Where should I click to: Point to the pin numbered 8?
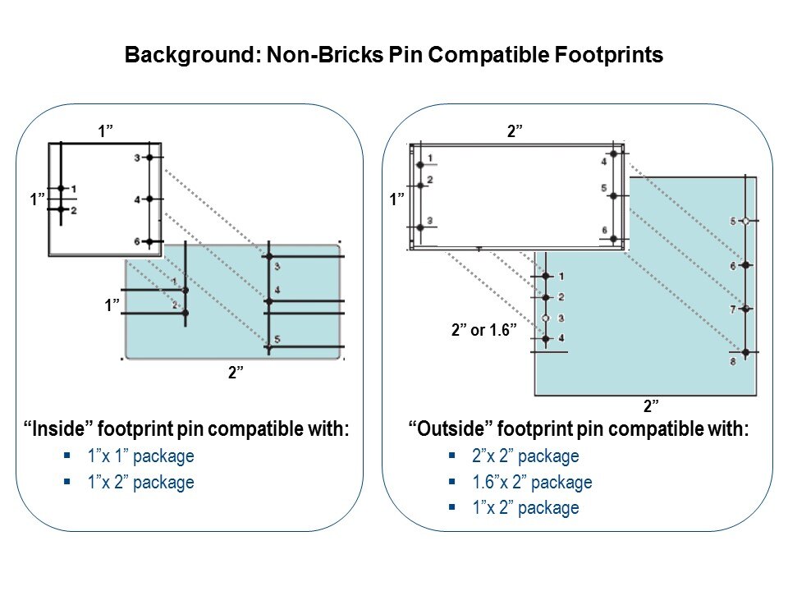click(x=745, y=352)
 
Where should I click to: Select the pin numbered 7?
click(x=745, y=309)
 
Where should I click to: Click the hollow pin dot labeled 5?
click(x=745, y=221)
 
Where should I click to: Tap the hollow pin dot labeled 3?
click(x=545, y=318)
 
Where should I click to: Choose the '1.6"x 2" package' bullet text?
click(x=532, y=482)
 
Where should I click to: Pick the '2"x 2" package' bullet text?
click(x=525, y=456)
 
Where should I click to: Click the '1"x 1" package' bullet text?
click(x=141, y=456)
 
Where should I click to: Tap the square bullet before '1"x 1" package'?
click(x=68, y=456)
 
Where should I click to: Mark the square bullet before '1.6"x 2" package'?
click(x=452, y=482)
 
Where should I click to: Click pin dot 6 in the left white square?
click(x=149, y=241)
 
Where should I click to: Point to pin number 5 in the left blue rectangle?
click(x=268, y=346)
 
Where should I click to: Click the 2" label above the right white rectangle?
click(x=515, y=131)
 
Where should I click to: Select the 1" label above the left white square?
click(x=105, y=131)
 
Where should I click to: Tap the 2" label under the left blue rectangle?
click(x=236, y=373)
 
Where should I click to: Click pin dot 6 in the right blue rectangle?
click(x=745, y=265)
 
